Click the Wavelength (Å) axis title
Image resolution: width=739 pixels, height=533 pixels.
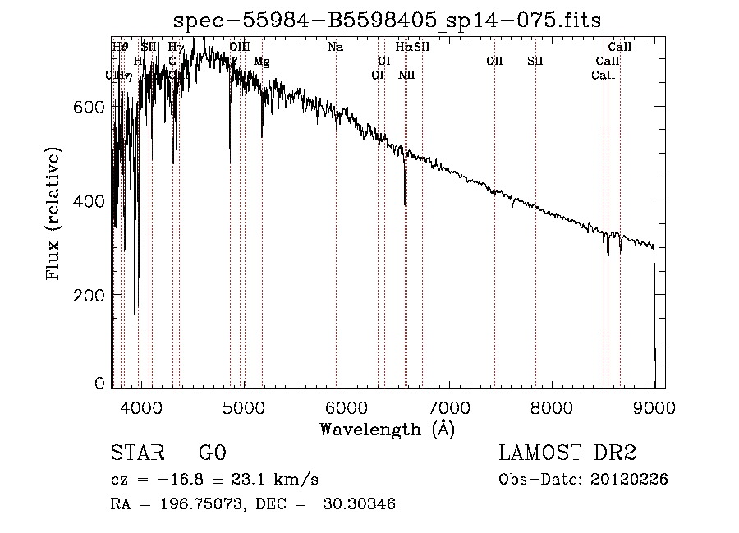387,428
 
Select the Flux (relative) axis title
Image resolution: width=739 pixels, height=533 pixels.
55,215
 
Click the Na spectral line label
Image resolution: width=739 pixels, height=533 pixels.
335,47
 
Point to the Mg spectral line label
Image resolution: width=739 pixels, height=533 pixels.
261,62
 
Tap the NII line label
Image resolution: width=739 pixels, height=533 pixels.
406,75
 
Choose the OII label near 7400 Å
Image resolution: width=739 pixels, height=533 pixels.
494,61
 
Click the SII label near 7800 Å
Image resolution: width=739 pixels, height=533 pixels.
535,61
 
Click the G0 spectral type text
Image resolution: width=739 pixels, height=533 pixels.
212,453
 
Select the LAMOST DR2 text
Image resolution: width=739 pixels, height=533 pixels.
567,453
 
